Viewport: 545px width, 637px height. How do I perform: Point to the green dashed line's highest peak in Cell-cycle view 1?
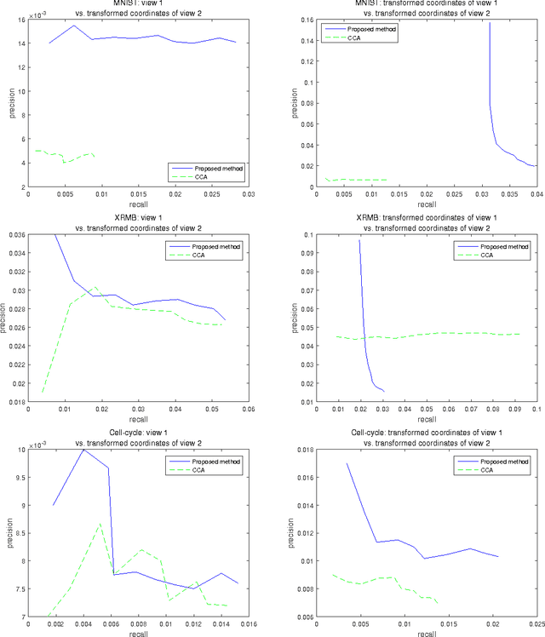point(100,523)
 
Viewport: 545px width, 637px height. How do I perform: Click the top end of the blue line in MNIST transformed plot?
point(489,23)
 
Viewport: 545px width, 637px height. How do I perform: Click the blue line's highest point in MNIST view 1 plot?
point(73,26)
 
